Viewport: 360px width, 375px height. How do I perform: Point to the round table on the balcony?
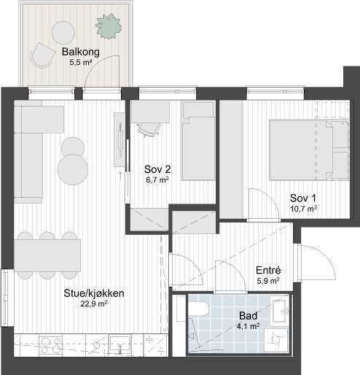point(64,31)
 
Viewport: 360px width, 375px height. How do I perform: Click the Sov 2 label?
point(157,169)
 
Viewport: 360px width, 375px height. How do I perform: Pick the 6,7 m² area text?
point(157,179)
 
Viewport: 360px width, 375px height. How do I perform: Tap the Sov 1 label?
point(303,198)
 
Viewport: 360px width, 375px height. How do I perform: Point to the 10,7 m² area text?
point(303,209)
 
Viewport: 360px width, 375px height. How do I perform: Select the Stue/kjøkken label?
point(93,294)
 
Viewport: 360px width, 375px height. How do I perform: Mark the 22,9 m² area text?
point(93,305)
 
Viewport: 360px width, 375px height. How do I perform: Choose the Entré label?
point(269,269)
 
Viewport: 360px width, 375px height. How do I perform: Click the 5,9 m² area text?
point(269,280)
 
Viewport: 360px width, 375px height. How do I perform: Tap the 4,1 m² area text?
point(248,326)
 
